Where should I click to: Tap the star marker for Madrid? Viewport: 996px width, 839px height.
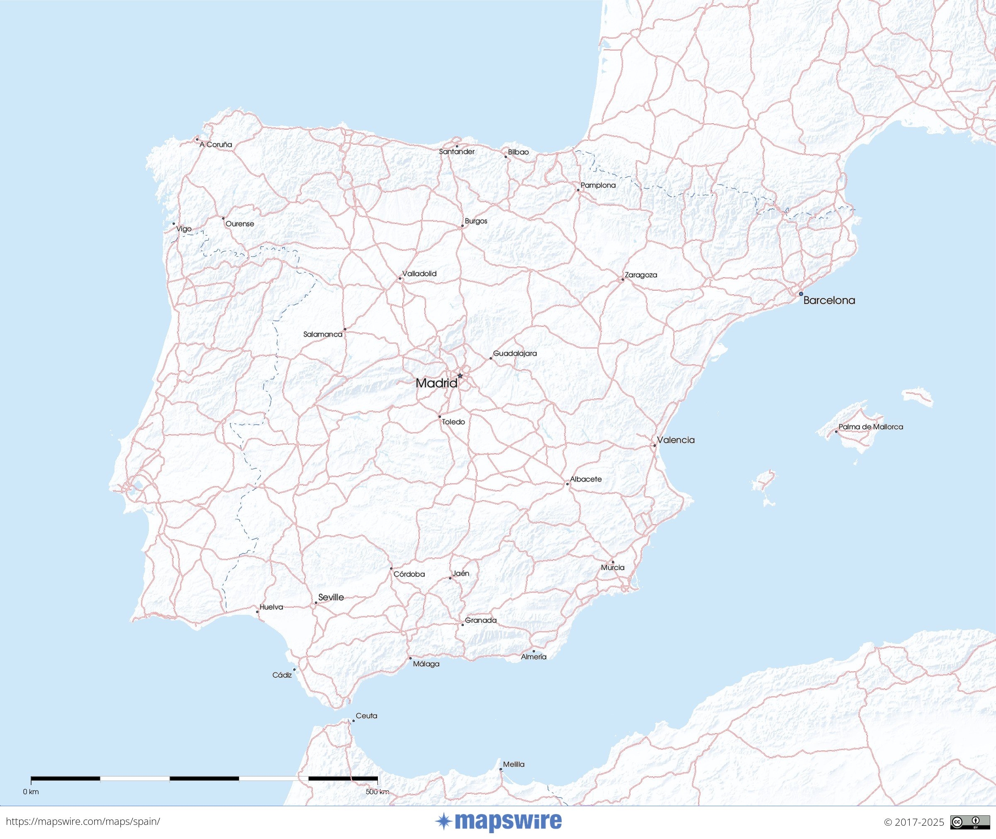click(x=460, y=376)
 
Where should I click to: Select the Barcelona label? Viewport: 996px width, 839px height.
click(x=829, y=300)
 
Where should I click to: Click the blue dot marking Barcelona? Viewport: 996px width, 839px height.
click(x=801, y=294)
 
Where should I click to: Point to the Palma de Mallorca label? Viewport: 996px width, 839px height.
click(x=871, y=427)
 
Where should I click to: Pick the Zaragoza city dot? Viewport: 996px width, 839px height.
click(x=623, y=279)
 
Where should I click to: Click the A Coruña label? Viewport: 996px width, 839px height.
click(x=216, y=144)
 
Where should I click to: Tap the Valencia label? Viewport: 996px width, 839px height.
click(x=675, y=440)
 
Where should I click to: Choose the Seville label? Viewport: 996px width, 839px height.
click(x=331, y=597)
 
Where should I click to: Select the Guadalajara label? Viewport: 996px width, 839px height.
click(x=515, y=353)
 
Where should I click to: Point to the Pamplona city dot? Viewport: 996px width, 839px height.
click(x=578, y=190)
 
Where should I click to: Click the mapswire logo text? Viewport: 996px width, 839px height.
click(x=507, y=822)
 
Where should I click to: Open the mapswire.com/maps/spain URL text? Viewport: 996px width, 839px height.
click(x=83, y=822)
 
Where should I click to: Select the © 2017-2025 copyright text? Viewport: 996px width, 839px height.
click(x=913, y=822)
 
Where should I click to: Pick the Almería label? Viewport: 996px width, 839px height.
click(x=533, y=657)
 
